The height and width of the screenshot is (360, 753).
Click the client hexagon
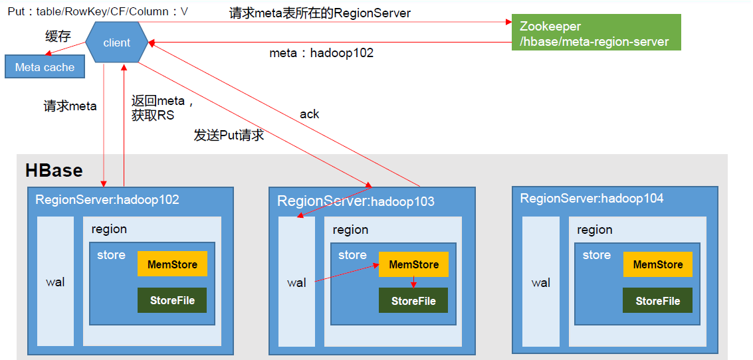pos(117,43)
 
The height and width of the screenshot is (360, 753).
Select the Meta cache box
pos(45,67)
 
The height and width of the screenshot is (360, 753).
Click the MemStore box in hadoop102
pos(172,264)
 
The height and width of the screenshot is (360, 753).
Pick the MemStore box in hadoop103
pos(413,264)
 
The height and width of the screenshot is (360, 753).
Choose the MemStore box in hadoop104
pos(658,264)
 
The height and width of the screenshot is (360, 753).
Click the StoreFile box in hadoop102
pos(172,300)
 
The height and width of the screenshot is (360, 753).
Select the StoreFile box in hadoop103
pos(413,301)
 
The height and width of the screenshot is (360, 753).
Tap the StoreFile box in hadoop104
pos(658,301)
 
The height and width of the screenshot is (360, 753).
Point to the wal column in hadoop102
pos(56,281)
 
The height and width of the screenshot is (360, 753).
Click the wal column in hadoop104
pos(541,282)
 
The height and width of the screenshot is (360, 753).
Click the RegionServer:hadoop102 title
pos(107,199)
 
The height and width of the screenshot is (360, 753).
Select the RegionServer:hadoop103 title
pos(356,201)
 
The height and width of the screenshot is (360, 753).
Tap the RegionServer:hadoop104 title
pos(592,198)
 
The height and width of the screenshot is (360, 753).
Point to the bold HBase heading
pos(54,171)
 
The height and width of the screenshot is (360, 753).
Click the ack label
pos(309,114)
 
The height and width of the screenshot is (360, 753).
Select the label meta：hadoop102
pos(321,52)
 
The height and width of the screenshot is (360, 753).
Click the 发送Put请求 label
pos(229,135)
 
